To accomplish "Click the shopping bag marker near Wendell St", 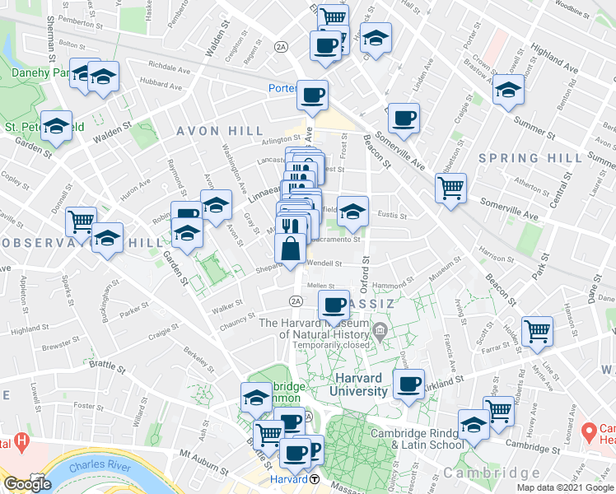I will point(291,248).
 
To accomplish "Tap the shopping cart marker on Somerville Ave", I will point(450,189).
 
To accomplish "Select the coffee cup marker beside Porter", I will point(312,96).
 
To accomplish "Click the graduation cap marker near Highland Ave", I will point(508,90).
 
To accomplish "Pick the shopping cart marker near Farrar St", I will point(537,331).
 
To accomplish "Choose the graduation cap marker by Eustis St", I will point(352,211).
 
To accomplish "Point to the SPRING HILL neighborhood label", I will point(519,157).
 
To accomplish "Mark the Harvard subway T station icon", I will point(315,479).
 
